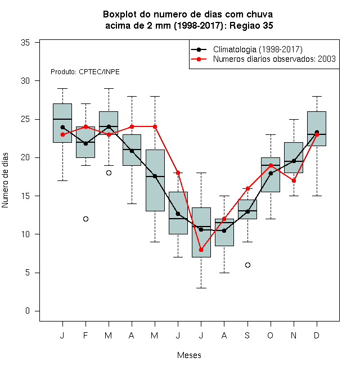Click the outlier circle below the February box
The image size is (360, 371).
(85, 219)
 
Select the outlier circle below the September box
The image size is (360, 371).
(247, 265)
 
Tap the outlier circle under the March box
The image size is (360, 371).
(109, 173)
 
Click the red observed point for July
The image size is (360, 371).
(201, 250)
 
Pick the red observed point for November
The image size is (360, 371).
(294, 181)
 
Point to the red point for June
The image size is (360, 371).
(178, 173)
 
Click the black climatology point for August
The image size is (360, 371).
(224, 230)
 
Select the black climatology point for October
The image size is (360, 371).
(271, 174)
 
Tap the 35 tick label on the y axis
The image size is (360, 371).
(25, 43)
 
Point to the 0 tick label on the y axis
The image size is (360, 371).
(28, 311)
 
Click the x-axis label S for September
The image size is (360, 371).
(247, 335)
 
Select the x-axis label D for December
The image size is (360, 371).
(317, 335)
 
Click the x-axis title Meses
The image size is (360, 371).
(189, 355)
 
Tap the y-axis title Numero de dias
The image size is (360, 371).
(5, 180)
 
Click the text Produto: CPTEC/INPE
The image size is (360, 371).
(85, 72)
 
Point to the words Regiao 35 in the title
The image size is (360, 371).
(251, 25)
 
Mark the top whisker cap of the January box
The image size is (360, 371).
(62, 88)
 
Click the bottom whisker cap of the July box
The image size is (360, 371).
(201, 288)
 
